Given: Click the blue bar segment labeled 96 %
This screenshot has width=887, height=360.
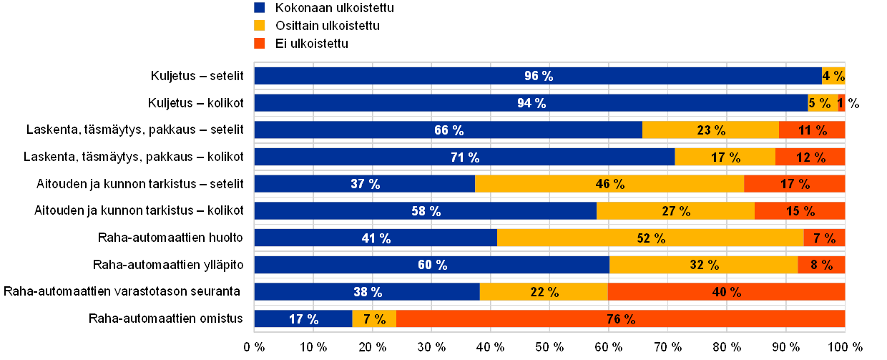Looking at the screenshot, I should [x=538, y=76].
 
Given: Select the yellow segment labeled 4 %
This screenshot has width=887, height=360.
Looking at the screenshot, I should [x=833, y=76].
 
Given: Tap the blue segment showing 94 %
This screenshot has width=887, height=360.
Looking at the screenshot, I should [x=531, y=103].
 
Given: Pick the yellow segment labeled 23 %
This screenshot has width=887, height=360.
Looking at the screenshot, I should [x=710, y=130].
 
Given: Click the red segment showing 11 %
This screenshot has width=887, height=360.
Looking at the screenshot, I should [x=812, y=130].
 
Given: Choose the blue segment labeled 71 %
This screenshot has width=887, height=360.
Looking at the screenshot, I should [x=465, y=157].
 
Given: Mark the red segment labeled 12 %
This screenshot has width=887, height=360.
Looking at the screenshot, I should [x=810, y=157].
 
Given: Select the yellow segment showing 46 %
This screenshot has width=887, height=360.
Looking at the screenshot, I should [x=609, y=184].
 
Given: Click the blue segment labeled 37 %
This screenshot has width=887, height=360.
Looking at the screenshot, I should [x=365, y=184].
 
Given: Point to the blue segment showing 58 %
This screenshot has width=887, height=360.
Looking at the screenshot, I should [x=426, y=211].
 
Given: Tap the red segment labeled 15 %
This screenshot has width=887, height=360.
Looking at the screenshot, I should [x=800, y=211].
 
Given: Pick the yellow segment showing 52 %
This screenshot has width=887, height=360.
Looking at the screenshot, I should [x=650, y=238].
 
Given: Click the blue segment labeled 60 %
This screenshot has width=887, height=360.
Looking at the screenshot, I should [x=432, y=265].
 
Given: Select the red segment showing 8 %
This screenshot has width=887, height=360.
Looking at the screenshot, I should [x=821, y=265].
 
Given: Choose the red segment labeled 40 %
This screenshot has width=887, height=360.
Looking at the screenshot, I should [x=726, y=292].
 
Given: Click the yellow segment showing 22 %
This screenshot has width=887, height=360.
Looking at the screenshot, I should [x=544, y=292].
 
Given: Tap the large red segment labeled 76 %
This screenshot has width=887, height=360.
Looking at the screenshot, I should [x=620, y=319].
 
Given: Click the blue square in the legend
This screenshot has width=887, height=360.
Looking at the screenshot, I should [x=260, y=8].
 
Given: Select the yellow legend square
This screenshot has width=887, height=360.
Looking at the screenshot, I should [x=260, y=26].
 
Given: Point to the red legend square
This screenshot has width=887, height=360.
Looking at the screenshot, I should [x=260, y=44].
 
